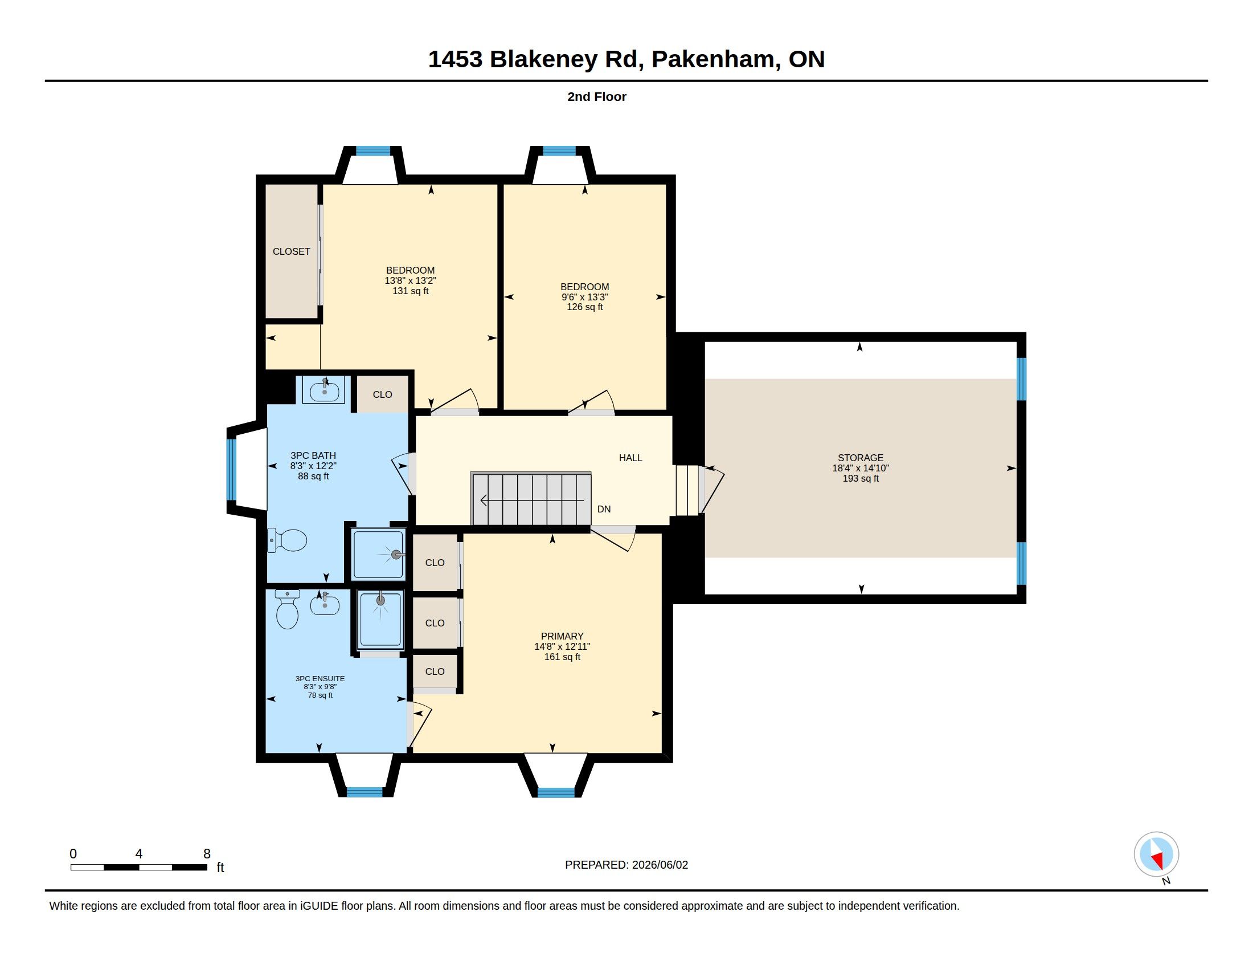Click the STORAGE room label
coord(860,458)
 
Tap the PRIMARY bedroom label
coord(562,636)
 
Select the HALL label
coord(630,458)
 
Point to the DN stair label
coord(604,509)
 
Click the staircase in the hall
coord(531,499)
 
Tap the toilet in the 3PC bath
coord(287,540)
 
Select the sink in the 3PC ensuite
coord(325,604)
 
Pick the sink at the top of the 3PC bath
coord(324,390)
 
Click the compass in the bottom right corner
coord(1156,854)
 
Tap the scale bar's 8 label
coord(207,854)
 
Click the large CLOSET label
coord(292,251)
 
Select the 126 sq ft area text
coord(584,307)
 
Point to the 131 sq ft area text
coord(410,291)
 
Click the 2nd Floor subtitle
coord(597,96)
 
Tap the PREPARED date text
coord(626,865)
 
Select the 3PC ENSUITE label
coord(320,678)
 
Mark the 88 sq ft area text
coord(313,476)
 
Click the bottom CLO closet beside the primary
coord(435,671)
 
